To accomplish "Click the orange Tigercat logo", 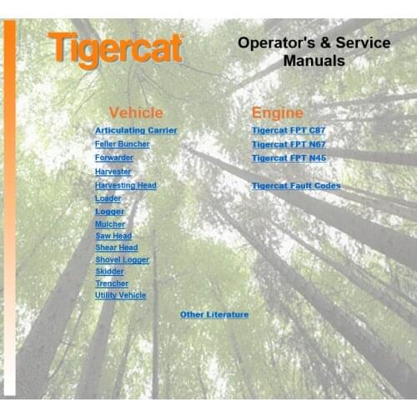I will click(x=115, y=49).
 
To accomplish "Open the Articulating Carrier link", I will click(x=136, y=131).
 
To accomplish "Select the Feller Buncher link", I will click(x=123, y=144).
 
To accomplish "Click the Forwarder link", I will click(x=114, y=158).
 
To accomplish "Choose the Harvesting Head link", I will click(x=126, y=185).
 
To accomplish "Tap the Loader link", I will click(x=108, y=198).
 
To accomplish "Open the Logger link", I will click(x=110, y=212).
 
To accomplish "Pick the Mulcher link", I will click(x=111, y=224).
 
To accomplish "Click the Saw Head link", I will click(x=113, y=236).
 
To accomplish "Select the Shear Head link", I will click(x=117, y=248).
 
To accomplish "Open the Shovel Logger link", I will click(x=123, y=260).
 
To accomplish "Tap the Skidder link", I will click(x=110, y=272).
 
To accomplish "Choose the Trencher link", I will click(x=112, y=284).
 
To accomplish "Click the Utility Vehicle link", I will click(x=121, y=295).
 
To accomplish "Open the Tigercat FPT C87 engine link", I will click(x=289, y=131).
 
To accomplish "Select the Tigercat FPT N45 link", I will click(x=289, y=158).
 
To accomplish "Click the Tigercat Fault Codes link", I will click(x=296, y=186).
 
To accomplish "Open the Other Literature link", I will click(x=214, y=314).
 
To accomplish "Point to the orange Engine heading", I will click(x=278, y=113).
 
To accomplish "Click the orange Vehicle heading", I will click(x=136, y=113).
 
